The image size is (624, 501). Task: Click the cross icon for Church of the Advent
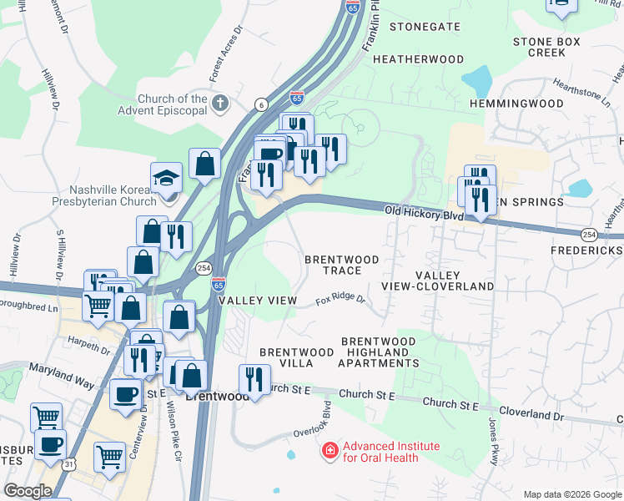click(x=219, y=104)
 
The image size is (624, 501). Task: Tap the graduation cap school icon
click(x=167, y=178)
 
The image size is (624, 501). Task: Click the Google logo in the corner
click(x=28, y=491)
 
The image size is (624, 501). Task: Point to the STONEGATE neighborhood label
click(x=425, y=27)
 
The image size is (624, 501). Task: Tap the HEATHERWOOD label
click(x=418, y=59)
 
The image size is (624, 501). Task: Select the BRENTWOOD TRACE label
click(x=342, y=265)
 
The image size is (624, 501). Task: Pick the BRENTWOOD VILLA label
click(x=287, y=357)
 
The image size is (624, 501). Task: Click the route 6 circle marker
click(x=261, y=104)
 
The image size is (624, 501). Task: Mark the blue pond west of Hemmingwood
click(x=476, y=81)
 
